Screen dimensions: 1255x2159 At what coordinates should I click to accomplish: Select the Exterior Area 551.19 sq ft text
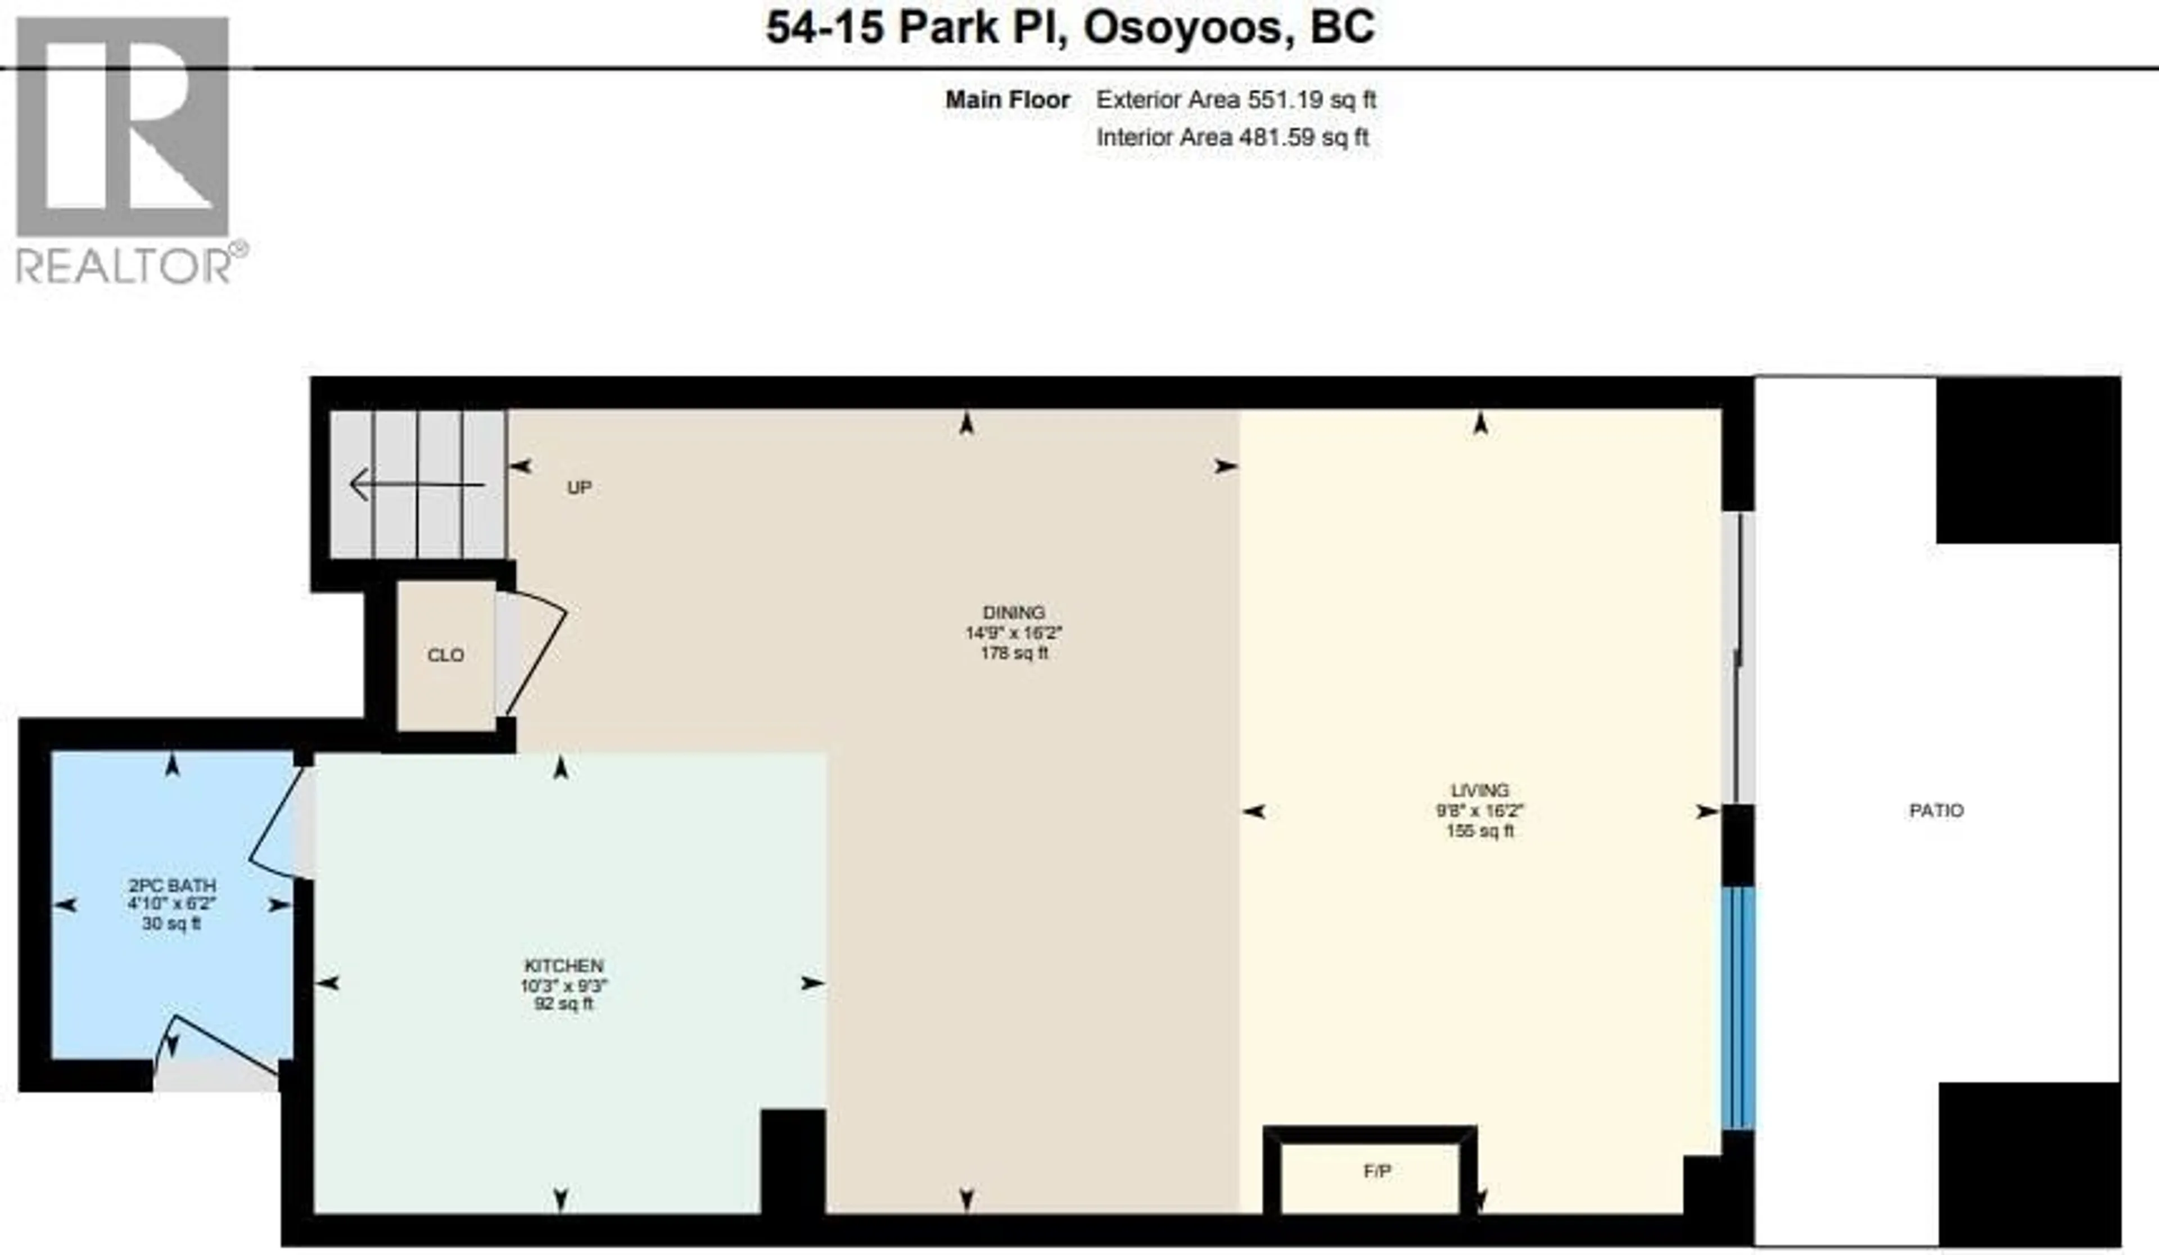[x=1235, y=100]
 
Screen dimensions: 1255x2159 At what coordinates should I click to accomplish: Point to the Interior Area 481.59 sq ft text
[x=1232, y=137]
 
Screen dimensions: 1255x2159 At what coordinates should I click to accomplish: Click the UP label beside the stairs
[x=579, y=487]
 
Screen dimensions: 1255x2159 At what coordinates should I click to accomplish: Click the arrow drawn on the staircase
[x=417, y=485]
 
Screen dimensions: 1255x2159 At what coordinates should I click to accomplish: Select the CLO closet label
[x=445, y=656]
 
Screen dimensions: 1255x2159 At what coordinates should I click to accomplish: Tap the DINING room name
[x=1014, y=612]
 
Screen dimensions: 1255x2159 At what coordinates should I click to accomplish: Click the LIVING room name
[x=1480, y=790]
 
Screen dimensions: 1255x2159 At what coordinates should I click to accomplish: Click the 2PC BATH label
[x=171, y=885]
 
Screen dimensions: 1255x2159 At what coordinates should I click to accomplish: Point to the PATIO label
[x=1936, y=810]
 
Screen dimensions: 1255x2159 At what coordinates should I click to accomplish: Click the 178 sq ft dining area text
[x=1014, y=653]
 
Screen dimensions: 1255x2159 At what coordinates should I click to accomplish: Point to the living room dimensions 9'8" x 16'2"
[x=1480, y=810]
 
